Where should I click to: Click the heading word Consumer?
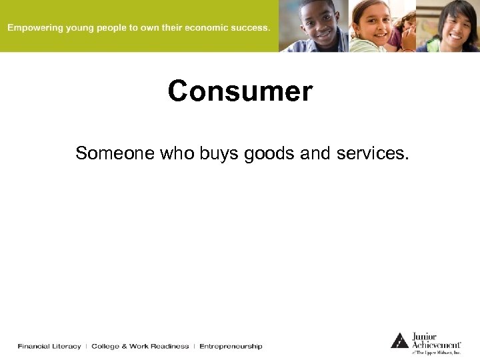(240, 91)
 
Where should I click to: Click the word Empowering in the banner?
(34, 28)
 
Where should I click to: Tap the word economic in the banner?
(206, 28)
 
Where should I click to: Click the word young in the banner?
(79, 29)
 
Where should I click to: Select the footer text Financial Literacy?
(49, 346)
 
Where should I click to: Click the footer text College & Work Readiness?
(140, 346)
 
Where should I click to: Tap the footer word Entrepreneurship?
(231, 346)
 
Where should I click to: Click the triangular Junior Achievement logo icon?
(399, 341)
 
